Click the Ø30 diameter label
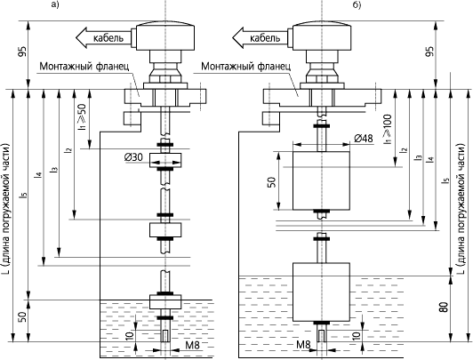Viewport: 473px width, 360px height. [133, 157]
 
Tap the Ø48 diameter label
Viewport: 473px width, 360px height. [364, 139]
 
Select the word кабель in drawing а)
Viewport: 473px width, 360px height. [108, 38]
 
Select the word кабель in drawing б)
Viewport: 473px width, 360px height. [265, 38]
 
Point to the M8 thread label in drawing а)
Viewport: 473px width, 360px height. [192, 346]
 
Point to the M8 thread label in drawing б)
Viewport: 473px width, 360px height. [303, 345]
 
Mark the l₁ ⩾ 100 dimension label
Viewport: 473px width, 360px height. [389, 129]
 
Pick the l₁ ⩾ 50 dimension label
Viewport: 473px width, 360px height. [82, 117]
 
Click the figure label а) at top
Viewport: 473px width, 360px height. [55, 5]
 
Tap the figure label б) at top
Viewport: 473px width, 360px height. [357, 5]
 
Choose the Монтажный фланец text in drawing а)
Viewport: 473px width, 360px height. [84, 66]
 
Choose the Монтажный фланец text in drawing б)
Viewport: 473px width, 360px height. [246, 66]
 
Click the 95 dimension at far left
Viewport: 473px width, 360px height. [23, 52]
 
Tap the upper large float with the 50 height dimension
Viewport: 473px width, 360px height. [322, 180]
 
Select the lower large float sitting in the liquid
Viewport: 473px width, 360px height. [322, 292]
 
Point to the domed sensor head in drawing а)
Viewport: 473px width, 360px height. [165, 36]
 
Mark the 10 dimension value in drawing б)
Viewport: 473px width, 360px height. [356, 335]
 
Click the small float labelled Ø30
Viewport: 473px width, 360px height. [165, 160]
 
